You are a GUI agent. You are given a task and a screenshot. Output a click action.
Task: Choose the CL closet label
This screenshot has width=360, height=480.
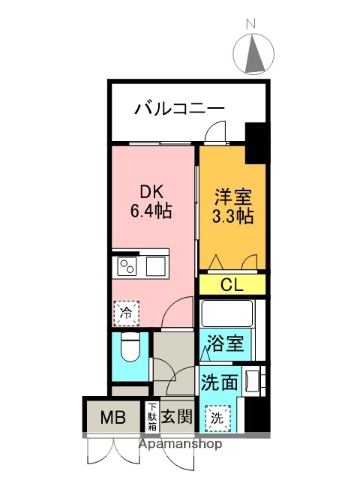[x=231, y=285]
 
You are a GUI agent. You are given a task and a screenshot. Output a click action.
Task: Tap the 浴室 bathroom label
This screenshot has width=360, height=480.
[x=225, y=344]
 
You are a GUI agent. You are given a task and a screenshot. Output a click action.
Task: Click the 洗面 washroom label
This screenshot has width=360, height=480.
[x=219, y=381]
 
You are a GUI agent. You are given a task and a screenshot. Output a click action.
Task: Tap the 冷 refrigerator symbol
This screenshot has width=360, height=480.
[x=125, y=313]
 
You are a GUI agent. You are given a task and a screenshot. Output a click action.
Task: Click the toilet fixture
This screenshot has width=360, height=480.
[x=127, y=349]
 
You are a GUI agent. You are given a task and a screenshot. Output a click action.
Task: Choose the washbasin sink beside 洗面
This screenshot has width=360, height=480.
[x=255, y=381]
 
